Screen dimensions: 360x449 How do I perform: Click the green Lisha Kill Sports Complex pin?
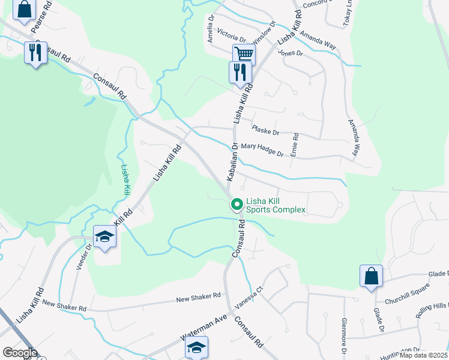coord(237,205)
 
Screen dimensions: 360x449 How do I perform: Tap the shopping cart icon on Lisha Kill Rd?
coord(244,55)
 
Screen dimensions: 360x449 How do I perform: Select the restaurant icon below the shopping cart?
coord(240,72)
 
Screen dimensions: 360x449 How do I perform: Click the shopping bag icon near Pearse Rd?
coord(23,10)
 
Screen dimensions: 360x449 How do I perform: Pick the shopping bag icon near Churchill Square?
coord(371,276)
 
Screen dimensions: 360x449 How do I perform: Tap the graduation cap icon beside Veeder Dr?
coord(104,237)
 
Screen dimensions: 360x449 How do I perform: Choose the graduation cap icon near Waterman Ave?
coord(196,347)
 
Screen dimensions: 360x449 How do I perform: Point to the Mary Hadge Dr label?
coord(262,150)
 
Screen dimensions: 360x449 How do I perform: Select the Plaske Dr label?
coord(265,130)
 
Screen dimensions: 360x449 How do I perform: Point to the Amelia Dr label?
coord(211,29)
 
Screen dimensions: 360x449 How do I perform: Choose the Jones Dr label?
coord(291,53)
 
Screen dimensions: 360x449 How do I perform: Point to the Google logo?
coord(20,353)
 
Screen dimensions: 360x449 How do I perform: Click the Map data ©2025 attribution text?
coord(423,355)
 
